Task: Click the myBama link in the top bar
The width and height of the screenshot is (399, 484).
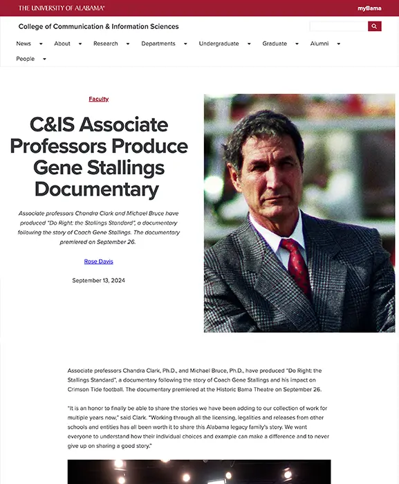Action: [x=369, y=8]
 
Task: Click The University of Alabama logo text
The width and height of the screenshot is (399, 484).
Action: [x=62, y=8]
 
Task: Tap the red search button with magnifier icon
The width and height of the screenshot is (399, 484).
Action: [x=374, y=26]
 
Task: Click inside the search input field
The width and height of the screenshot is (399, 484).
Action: [x=338, y=26]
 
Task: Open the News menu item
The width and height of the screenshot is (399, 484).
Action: [x=24, y=44]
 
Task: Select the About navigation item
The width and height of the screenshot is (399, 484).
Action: [x=62, y=44]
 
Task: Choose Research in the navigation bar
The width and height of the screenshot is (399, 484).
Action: [x=106, y=44]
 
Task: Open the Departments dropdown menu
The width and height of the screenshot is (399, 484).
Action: [x=158, y=44]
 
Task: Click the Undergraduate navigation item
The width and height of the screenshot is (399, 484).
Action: [x=219, y=44]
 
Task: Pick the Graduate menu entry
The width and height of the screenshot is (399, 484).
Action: [x=275, y=44]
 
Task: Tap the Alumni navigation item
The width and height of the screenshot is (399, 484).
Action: [x=319, y=44]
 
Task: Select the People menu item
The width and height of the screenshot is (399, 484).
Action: [x=26, y=59]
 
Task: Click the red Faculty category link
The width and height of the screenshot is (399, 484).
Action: [x=99, y=99]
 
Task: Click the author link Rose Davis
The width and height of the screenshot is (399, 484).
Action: [x=98, y=261]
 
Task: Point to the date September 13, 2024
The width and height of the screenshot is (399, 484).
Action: [x=98, y=280]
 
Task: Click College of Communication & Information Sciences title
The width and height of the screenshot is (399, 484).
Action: [x=98, y=26]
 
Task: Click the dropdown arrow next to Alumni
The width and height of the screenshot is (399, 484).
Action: [x=338, y=44]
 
